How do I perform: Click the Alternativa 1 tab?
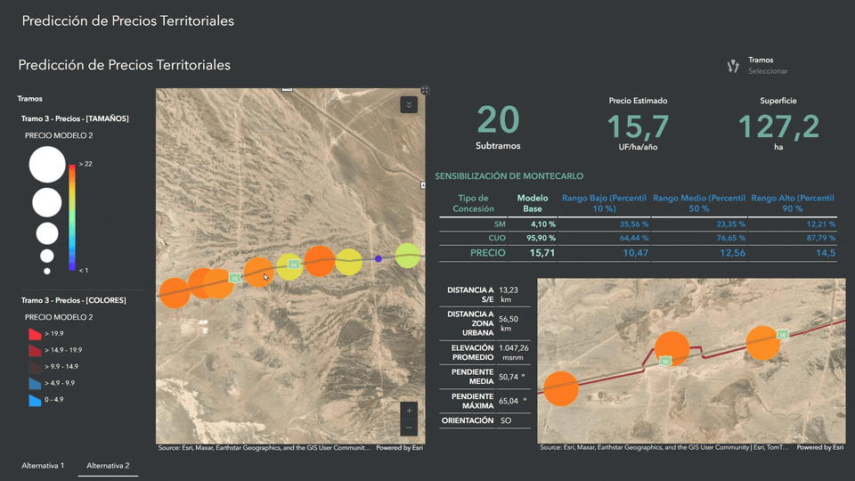click(x=43, y=465)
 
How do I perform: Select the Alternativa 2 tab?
click(x=108, y=465)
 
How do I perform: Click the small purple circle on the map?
click(x=379, y=258)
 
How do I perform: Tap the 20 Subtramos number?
click(x=498, y=120)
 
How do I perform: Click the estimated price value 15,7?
click(x=638, y=126)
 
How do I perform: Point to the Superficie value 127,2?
click(x=778, y=126)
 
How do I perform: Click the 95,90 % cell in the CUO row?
click(x=540, y=239)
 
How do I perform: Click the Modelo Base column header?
click(x=533, y=202)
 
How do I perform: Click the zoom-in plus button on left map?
click(x=409, y=411)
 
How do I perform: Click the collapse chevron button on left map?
click(x=409, y=104)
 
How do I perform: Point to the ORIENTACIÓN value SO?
click(x=506, y=420)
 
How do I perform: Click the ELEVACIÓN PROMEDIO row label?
click(x=471, y=352)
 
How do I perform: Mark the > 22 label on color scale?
click(x=85, y=164)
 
